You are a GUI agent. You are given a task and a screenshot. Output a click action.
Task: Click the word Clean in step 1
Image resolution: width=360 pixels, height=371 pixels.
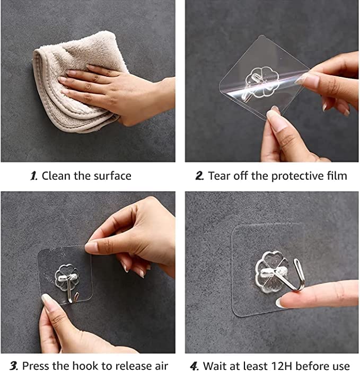click(55, 175)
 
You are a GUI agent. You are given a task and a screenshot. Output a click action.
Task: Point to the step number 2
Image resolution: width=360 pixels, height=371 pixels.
click(199, 175)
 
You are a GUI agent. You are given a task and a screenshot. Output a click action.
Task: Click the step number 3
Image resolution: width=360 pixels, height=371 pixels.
click(12, 365)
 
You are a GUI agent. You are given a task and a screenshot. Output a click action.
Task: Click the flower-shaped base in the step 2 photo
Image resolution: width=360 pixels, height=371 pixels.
click(264, 85)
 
